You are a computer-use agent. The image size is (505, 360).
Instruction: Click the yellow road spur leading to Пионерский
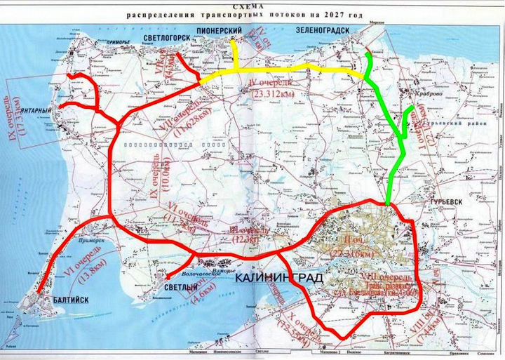(x=235, y=56)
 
